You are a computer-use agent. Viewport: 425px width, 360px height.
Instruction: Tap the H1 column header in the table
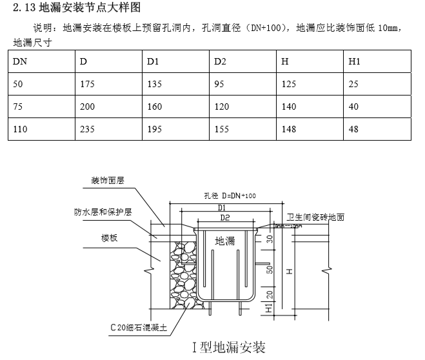pyautogui.click(x=353, y=62)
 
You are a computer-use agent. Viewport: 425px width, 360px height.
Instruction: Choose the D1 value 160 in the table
pyautogui.click(x=155, y=106)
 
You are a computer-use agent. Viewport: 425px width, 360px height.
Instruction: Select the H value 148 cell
pyautogui.click(x=288, y=129)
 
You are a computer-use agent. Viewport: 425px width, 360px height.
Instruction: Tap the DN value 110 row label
pyautogui.click(x=20, y=129)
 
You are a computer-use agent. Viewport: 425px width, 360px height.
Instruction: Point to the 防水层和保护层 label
pyautogui.click(x=103, y=211)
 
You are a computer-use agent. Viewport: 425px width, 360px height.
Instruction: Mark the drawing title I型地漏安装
pyautogui.click(x=228, y=348)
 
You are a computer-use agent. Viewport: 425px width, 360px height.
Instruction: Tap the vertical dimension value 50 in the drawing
pyautogui.click(x=270, y=268)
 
